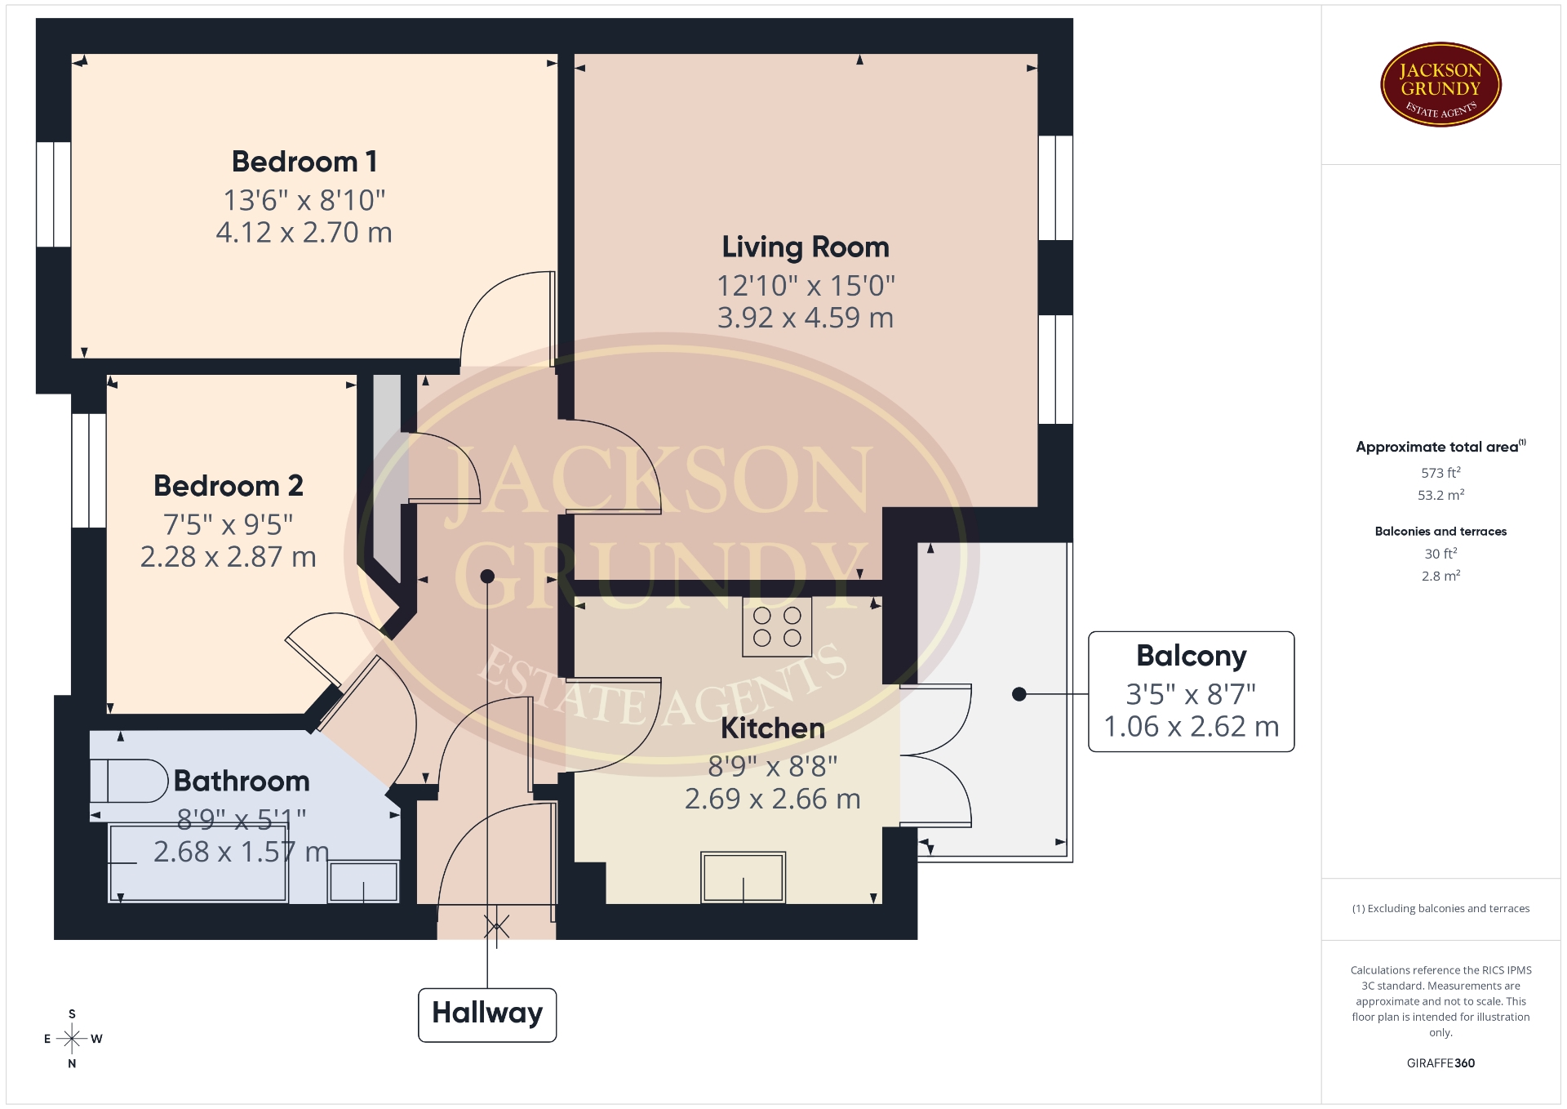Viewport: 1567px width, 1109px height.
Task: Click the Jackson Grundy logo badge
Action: pyautogui.click(x=1440, y=85)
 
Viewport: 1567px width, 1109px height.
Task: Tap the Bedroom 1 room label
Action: pyautogui.click(x=304, y=162)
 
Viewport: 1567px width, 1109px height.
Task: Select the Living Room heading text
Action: pyautogui.click(x=806, y=247)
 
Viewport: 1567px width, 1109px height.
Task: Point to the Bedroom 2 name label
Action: pyautogui.click(x=229, y=486)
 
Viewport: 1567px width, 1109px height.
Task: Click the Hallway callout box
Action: pyautogui.click(x=487, y=1015)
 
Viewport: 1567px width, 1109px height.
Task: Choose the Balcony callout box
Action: pyautogui.click(x=1192, y=692)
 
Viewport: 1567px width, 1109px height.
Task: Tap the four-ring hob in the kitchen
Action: pyautogui.click(x=777, y=627)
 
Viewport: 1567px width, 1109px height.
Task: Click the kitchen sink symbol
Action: pyautogui.click(x=743, y=877)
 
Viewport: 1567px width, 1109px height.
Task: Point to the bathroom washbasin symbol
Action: pyautogui.click(x=363, y=882)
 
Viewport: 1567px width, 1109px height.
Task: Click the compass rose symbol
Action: pyautogui.click(x=73, y=1039)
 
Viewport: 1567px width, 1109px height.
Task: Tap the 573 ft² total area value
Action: pyautogui.click(x=1440, y=473)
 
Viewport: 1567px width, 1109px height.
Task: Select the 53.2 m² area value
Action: pyautogui.click(x=1440, y=495)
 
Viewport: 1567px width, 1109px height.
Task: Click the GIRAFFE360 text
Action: pyautogui.click(x=1440, y=1063)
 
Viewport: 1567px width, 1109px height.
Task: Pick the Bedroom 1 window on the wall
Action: pyautogui.click(x=54, y=194)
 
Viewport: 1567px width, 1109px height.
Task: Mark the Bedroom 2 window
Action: pyautogui.click(x=89, y=470)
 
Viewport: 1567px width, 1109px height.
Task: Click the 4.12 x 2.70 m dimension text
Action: pyautogui.click(x=304, y=233)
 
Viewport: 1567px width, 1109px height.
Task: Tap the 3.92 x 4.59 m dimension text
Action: pyautogui.click(x=806, y=318)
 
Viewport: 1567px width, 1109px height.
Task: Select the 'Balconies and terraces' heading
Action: pyautogui.click(x=1440, y=532)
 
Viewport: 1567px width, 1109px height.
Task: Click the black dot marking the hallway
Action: pyautogui.click(x=487, y=577)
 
